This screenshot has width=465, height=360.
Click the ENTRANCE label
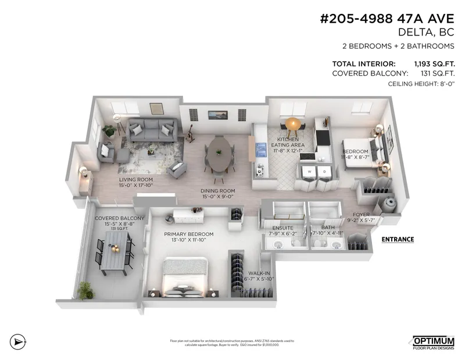398,239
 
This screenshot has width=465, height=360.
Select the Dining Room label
217,191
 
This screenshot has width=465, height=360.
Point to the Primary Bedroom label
189,234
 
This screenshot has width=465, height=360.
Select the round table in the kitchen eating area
293,123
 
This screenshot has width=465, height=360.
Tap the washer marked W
309,172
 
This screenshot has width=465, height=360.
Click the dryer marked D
324,172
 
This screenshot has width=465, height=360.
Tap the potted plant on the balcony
85,289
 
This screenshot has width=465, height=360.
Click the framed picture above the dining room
217,115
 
